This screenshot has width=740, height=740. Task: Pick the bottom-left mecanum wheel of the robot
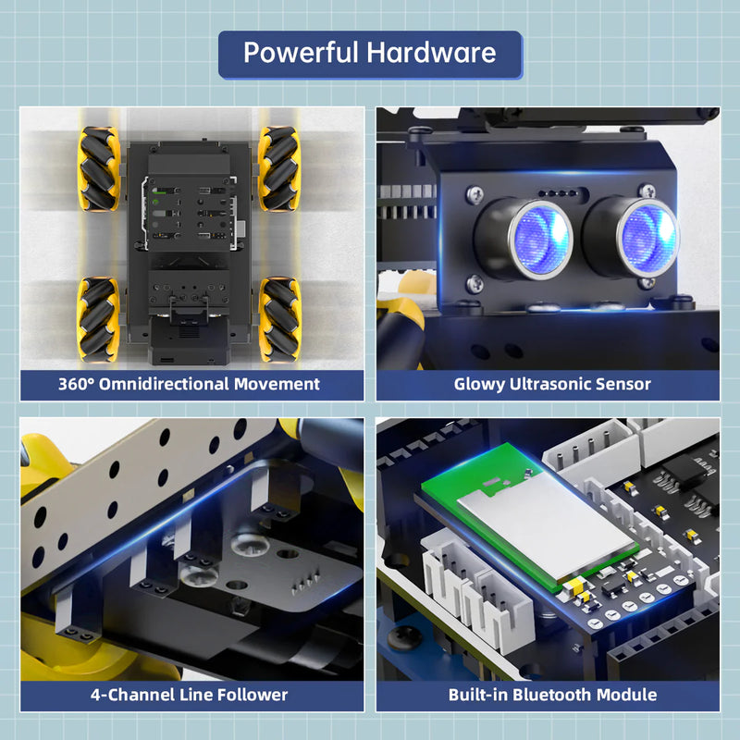point(97,319)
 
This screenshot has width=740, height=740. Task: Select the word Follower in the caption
point(248,695)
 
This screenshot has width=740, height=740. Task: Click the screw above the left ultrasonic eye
point(475,194)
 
